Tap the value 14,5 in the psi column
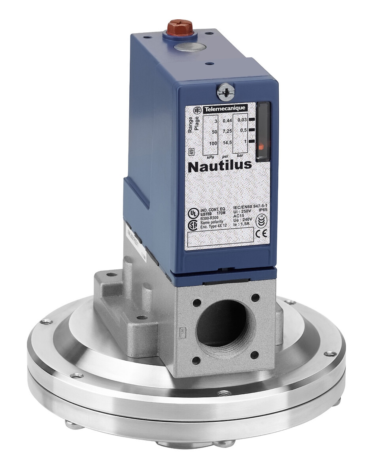tap(227, 143)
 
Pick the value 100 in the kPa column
tap(213, 143)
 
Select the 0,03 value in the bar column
tap(242, 120)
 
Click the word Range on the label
tap(190, 125)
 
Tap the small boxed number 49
tap(191, 152)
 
